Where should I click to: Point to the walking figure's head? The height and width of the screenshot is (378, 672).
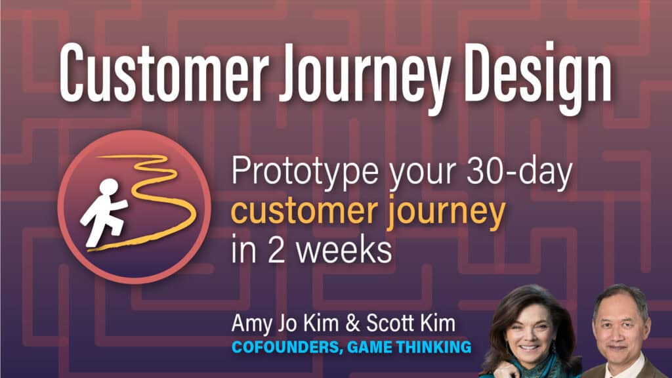tap(110, 186)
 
